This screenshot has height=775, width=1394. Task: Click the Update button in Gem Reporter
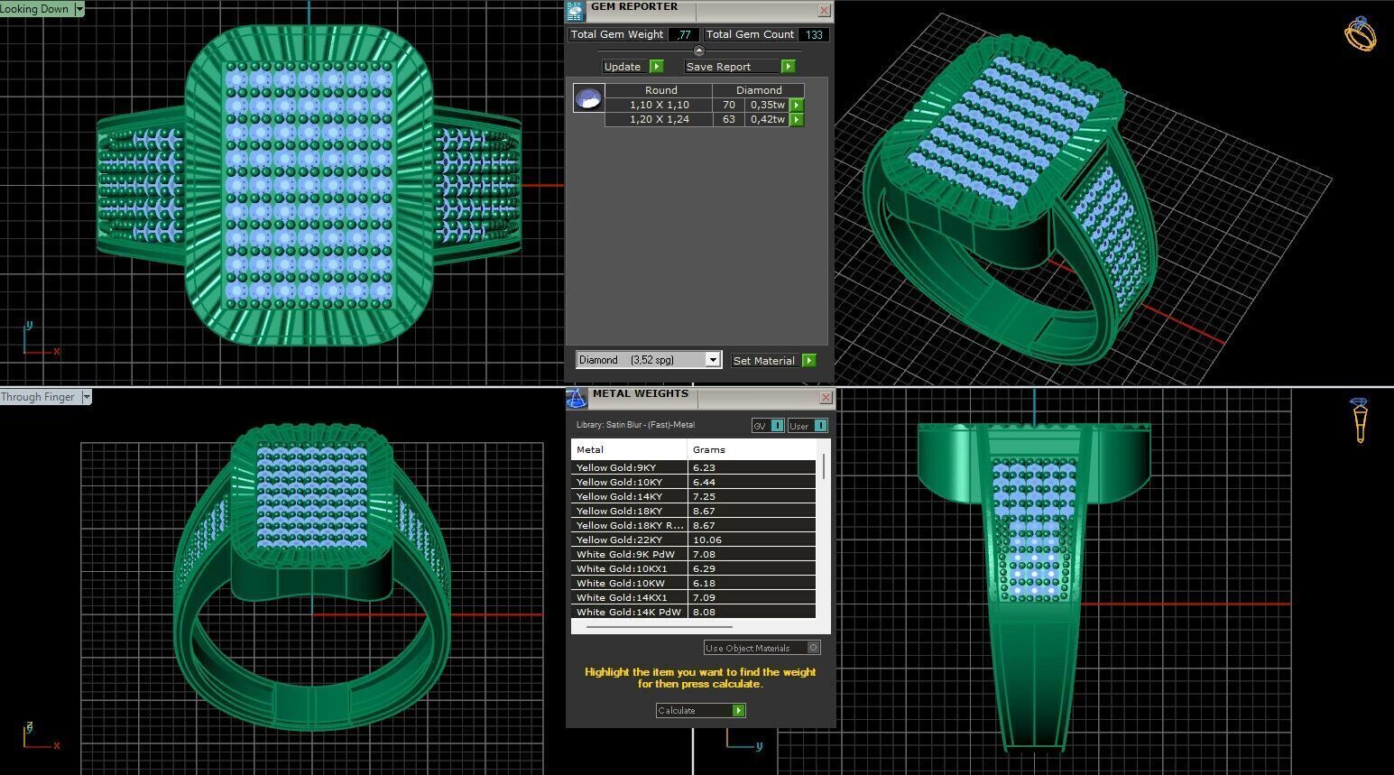point(623,67)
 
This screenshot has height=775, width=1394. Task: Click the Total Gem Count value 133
point(814,34)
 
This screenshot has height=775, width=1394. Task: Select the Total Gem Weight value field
point(684,34)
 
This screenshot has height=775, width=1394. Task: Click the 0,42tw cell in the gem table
point(767,119)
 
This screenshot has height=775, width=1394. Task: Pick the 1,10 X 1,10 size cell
point(659,105)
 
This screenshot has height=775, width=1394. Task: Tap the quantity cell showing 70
point(728,105)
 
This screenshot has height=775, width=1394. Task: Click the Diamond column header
point(758,90)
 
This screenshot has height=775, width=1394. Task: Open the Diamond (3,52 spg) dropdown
point(712,360)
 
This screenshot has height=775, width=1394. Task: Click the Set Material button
point(764,361)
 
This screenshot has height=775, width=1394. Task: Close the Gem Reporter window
point(824,11)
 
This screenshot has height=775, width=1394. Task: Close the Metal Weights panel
point(826,397)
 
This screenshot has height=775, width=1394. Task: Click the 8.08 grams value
point(705,612)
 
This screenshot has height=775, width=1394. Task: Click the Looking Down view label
point(36,9)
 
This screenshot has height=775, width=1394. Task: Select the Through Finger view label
point(39,397)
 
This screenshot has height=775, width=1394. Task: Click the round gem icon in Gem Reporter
point(588,97)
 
